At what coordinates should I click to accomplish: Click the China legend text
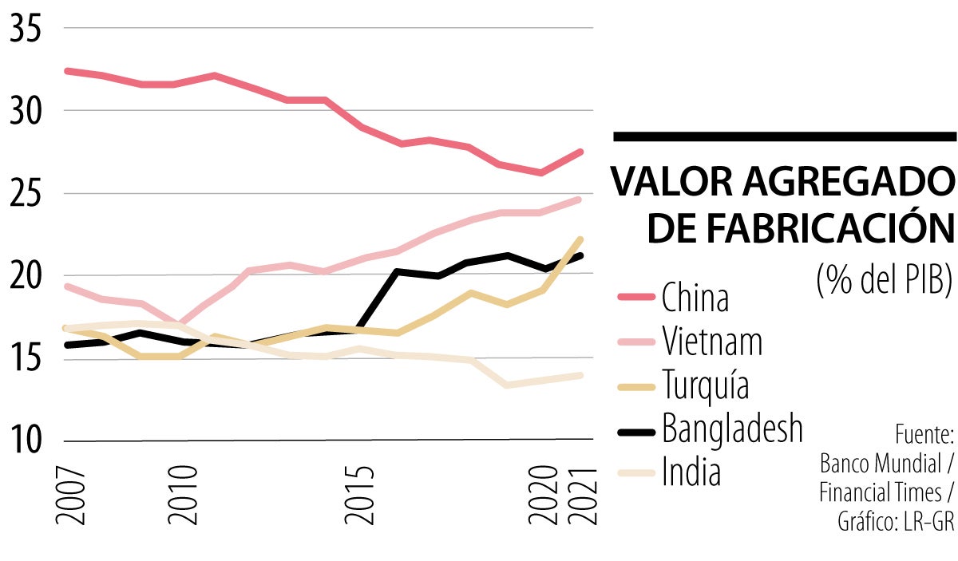[695, 298]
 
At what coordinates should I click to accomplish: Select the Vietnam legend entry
[711, 342]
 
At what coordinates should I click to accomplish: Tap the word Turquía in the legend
[706, 386]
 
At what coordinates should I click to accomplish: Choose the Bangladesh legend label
[731, 429]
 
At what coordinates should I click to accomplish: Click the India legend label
[691, 472]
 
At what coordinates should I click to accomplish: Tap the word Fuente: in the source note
[924, 436]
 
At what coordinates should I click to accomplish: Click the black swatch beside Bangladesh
[637, 431]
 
